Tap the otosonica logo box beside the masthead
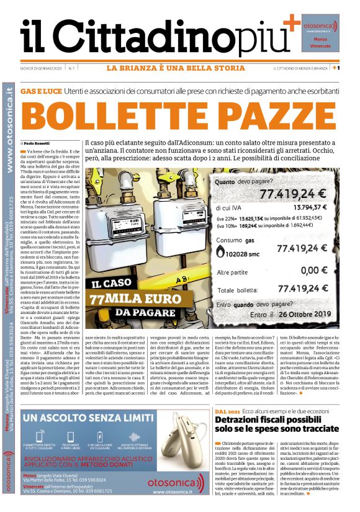coord(320,30)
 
